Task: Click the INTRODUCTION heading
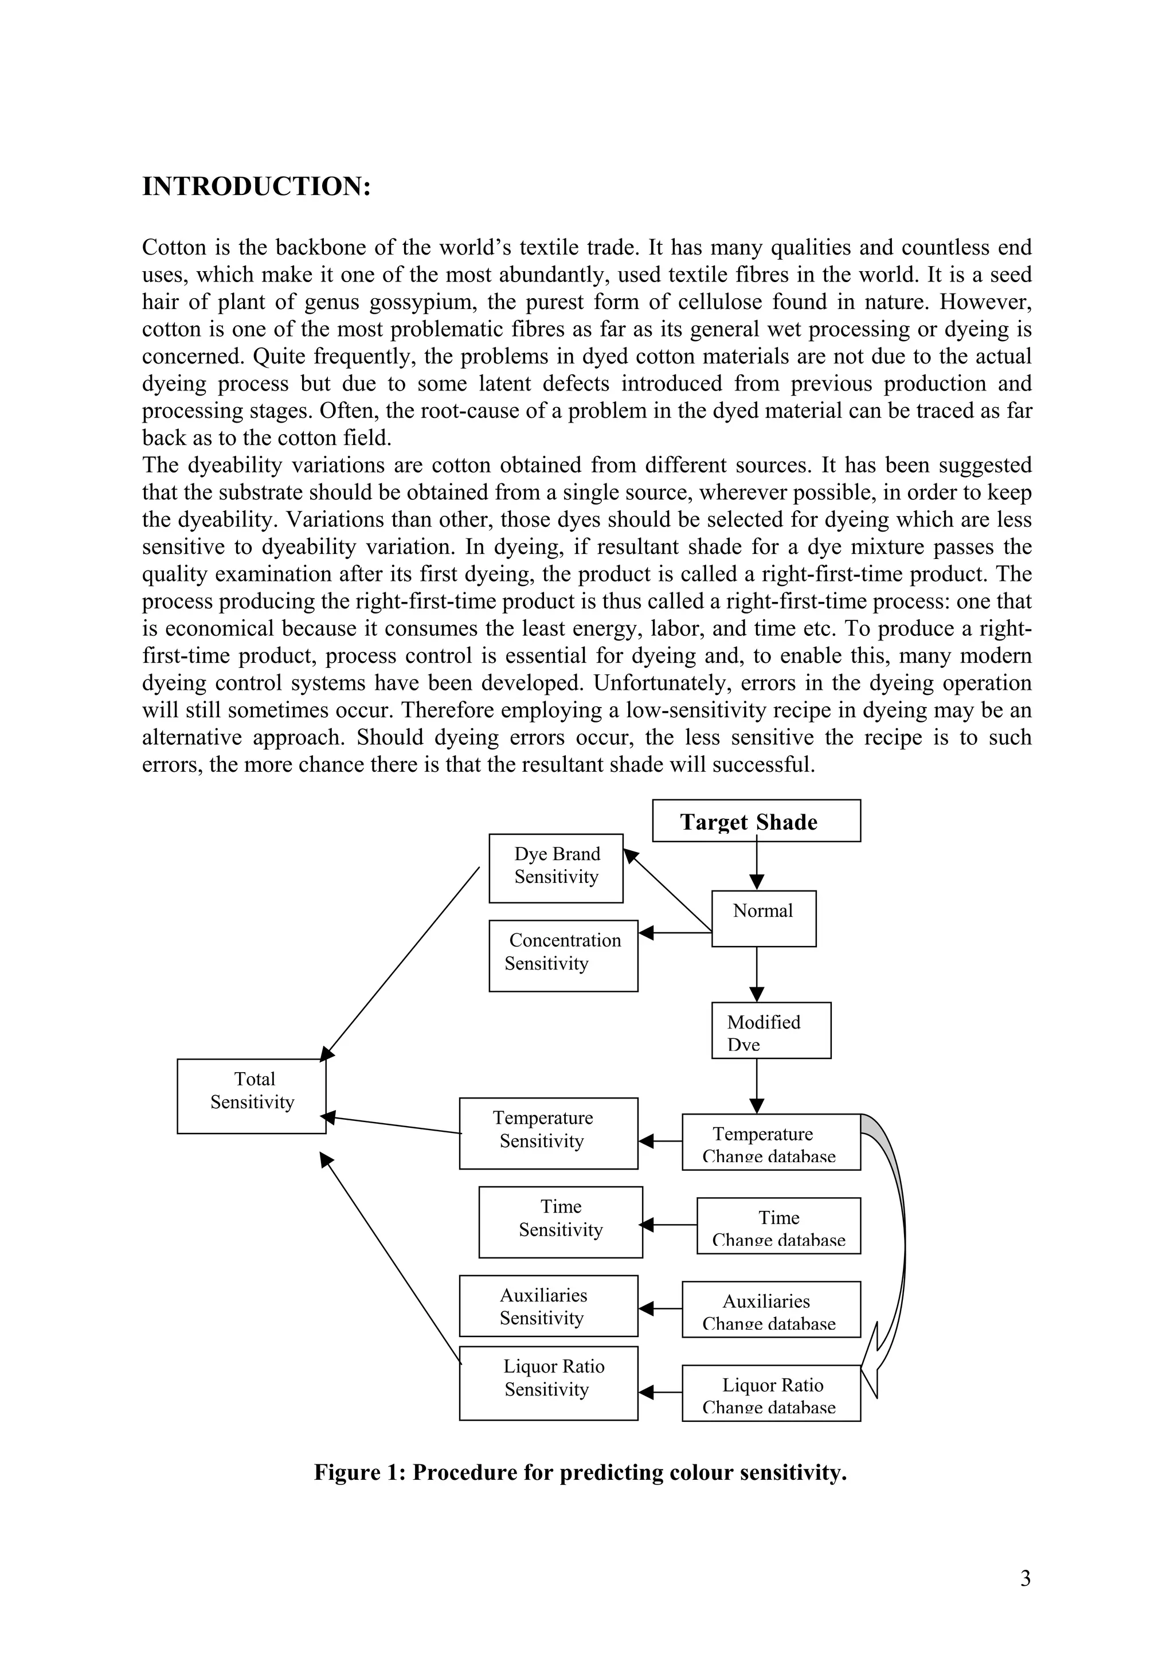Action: (x=256, y=187)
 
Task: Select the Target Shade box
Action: (x=756, y=821)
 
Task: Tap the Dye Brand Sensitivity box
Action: (x=555, y=867)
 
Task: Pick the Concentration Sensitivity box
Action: (x=563, y=955)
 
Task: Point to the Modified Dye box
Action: (x=770, y=1030)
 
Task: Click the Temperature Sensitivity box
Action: (x=548, y=1133)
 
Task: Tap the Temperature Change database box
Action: (x=770, y=1142)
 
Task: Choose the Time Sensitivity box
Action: (x=560, y=1222)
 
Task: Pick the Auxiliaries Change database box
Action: (x=770, y=1310)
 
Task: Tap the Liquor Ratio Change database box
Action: (x=770, y=1393)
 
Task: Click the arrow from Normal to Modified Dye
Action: (x=757, y=975)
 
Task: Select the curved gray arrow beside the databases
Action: (x=897, y=1230)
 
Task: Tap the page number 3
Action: (x=1025, y=1578)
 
